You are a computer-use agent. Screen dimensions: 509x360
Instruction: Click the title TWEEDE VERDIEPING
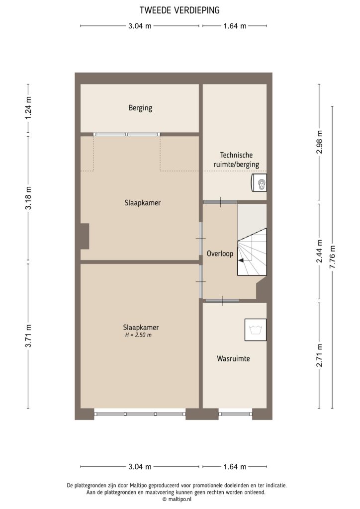click(x=180, y=9)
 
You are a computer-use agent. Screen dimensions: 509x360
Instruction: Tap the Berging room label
click(x=140, y=108)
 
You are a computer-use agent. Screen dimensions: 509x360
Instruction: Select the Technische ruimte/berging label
click(x=233, y=160)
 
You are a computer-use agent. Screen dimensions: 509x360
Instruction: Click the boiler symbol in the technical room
click(x=260, y=183)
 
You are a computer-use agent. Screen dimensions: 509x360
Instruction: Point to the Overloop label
click(x=219, y=254)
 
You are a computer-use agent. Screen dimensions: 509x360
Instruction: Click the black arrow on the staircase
click(x=242, y=259)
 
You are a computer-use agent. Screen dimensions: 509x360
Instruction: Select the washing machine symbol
click(x=256, y=330)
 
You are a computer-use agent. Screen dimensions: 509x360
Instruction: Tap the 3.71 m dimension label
click(x=28, y=336)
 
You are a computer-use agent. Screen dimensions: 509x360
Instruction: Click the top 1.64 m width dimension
click(x=235, y=26)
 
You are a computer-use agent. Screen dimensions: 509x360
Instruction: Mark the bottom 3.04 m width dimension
click(x=140, y=467)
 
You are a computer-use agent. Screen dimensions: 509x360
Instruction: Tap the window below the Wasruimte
click(x=235, y=414)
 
